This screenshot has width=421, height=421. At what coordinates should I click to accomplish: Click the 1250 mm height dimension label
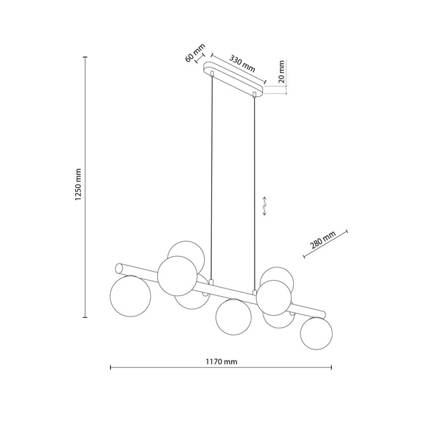[78, 185]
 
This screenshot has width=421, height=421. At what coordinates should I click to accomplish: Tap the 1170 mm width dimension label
[222, 361]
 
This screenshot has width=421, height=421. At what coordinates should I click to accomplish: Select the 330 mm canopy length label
[242, 64]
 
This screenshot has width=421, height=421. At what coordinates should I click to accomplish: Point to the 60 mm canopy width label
[195, 53]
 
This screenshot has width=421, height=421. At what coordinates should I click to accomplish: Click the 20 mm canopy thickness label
[281, 72]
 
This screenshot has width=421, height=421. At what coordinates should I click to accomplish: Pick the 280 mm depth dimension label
[323, 240]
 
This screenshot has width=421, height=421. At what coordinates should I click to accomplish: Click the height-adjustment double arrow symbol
[265, 206]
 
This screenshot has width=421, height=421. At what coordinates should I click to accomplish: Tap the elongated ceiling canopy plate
[234, 79]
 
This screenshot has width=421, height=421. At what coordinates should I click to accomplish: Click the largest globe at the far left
[131, 296]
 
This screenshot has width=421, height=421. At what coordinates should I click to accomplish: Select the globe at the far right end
[316, 333]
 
